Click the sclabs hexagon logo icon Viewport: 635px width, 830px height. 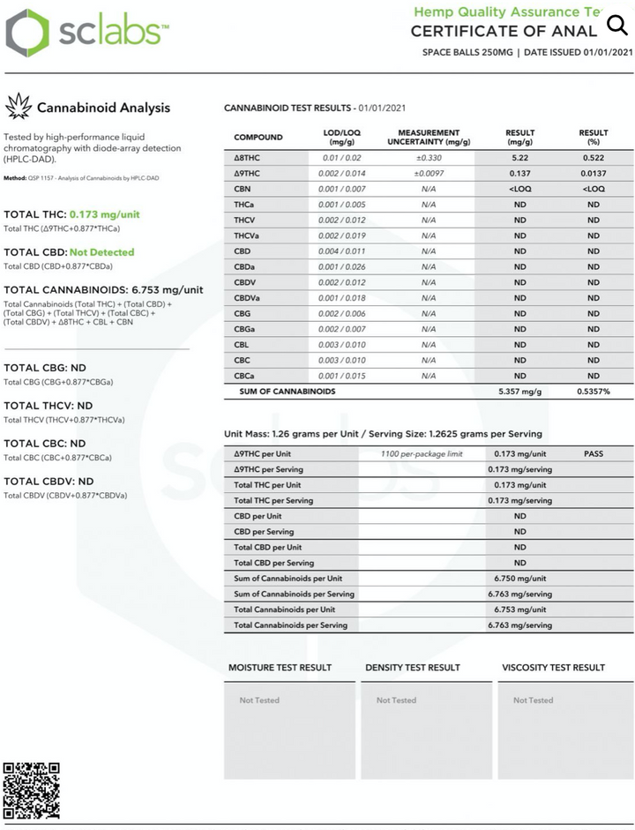pos(27,34)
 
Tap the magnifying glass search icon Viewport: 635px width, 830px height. pos(616,26)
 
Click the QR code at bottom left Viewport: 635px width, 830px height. pos(32,790)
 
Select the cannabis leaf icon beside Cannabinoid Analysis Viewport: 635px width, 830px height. pos(18,108)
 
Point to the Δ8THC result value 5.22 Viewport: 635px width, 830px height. pos(519,157)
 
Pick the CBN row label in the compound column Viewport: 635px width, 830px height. pos(243,189)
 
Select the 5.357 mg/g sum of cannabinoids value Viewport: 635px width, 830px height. pos(519,391)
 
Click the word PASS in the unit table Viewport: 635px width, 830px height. pos(594,453)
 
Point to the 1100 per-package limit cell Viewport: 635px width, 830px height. pos(421,453)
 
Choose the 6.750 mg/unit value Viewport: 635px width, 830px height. pos(519,578)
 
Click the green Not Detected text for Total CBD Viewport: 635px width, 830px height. pos(101,252)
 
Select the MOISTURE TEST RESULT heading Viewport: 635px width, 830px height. pos(280,668)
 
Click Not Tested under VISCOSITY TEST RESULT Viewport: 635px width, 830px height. pos(533,700)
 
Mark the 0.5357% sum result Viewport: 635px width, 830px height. pos(594,391)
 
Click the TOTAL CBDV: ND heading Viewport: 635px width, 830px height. pos(49,482)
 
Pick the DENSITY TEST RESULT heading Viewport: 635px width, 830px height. pos(413,668)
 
